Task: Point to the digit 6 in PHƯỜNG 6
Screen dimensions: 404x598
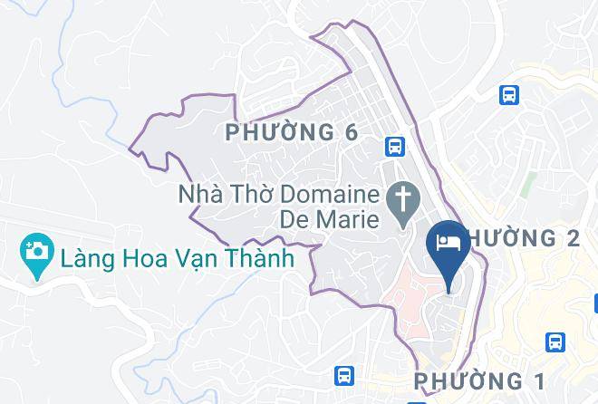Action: (351, 133)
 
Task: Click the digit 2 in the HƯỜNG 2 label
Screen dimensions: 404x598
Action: (571, 238)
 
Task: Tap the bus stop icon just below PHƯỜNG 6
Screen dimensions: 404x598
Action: (394, 145)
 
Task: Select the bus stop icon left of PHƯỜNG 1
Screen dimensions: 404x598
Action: (344, 374)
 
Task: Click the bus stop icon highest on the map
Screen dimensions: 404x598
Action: (509, 93)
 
